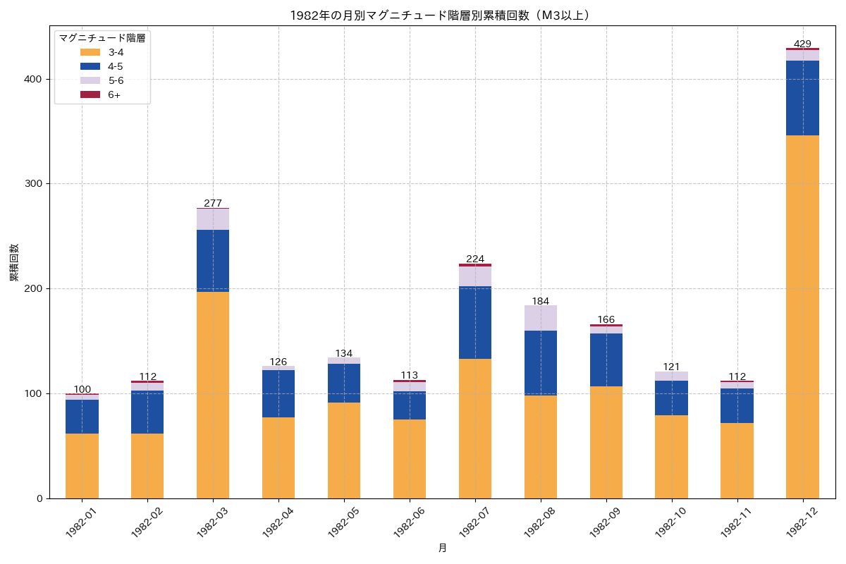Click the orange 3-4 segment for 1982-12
tap(802, 317)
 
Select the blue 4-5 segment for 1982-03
tap(213, 261)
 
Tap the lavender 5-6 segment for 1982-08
tap(541, 318)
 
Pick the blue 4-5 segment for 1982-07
tap(475, 322)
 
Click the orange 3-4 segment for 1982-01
tap(82, 465)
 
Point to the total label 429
tap(802, 44)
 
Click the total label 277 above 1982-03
tap(213, 203)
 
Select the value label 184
tap(541, 301)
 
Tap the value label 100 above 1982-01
tap(82, 389)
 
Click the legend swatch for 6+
tap(90, 94)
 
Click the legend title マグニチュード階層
tap(102, 38)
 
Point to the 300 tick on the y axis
tap(32, 184)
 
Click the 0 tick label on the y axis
tap(39, 498)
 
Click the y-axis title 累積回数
tap(14, 262)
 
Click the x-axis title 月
tap(442, 548)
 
